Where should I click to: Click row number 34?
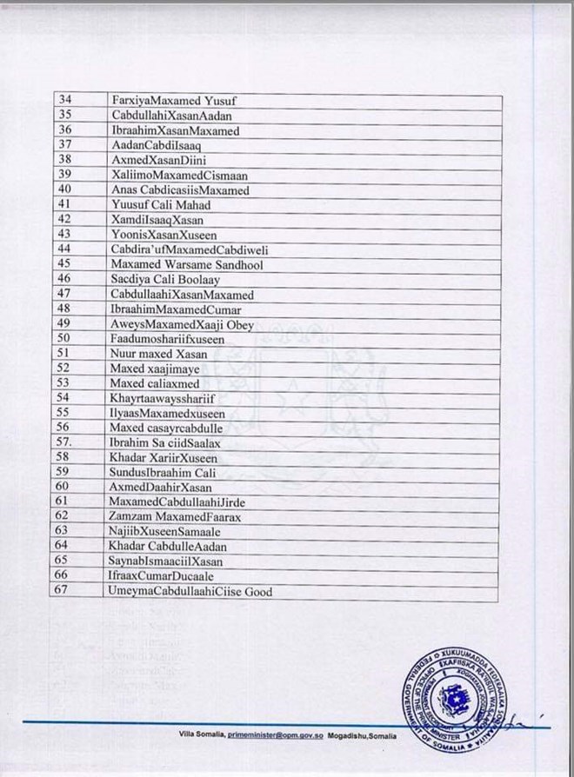pyautogui.click(x=63, y=100)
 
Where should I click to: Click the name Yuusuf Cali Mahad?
pyautogui.click(x=162, y=205)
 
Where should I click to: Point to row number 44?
pyautogui.click(x=63, y=249)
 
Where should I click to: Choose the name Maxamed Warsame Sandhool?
pyautogui.click(x=187, y=264)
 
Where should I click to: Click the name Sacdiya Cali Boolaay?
pyautogui.click(x=164, y=279)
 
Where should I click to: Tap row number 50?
pyautogui.click(x=63, y=338)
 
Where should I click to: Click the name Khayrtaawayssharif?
pyautogui.click(x=164, y=398)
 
